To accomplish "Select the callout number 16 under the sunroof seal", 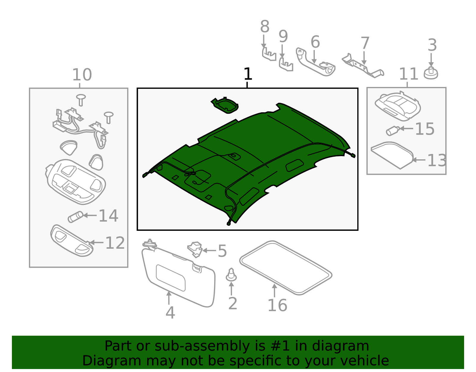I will [x=277, y=305].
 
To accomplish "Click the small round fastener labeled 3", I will [x=431, y=74].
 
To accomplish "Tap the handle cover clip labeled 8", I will [x=269, y=55].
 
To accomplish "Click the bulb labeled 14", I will [x=76, y=217].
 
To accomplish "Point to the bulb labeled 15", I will [x=393, y=130].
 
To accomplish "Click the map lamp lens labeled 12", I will [x=71, y=240].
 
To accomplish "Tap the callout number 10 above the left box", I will [x=82, y=75].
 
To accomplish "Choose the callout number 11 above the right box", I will [x=408, y=74].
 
